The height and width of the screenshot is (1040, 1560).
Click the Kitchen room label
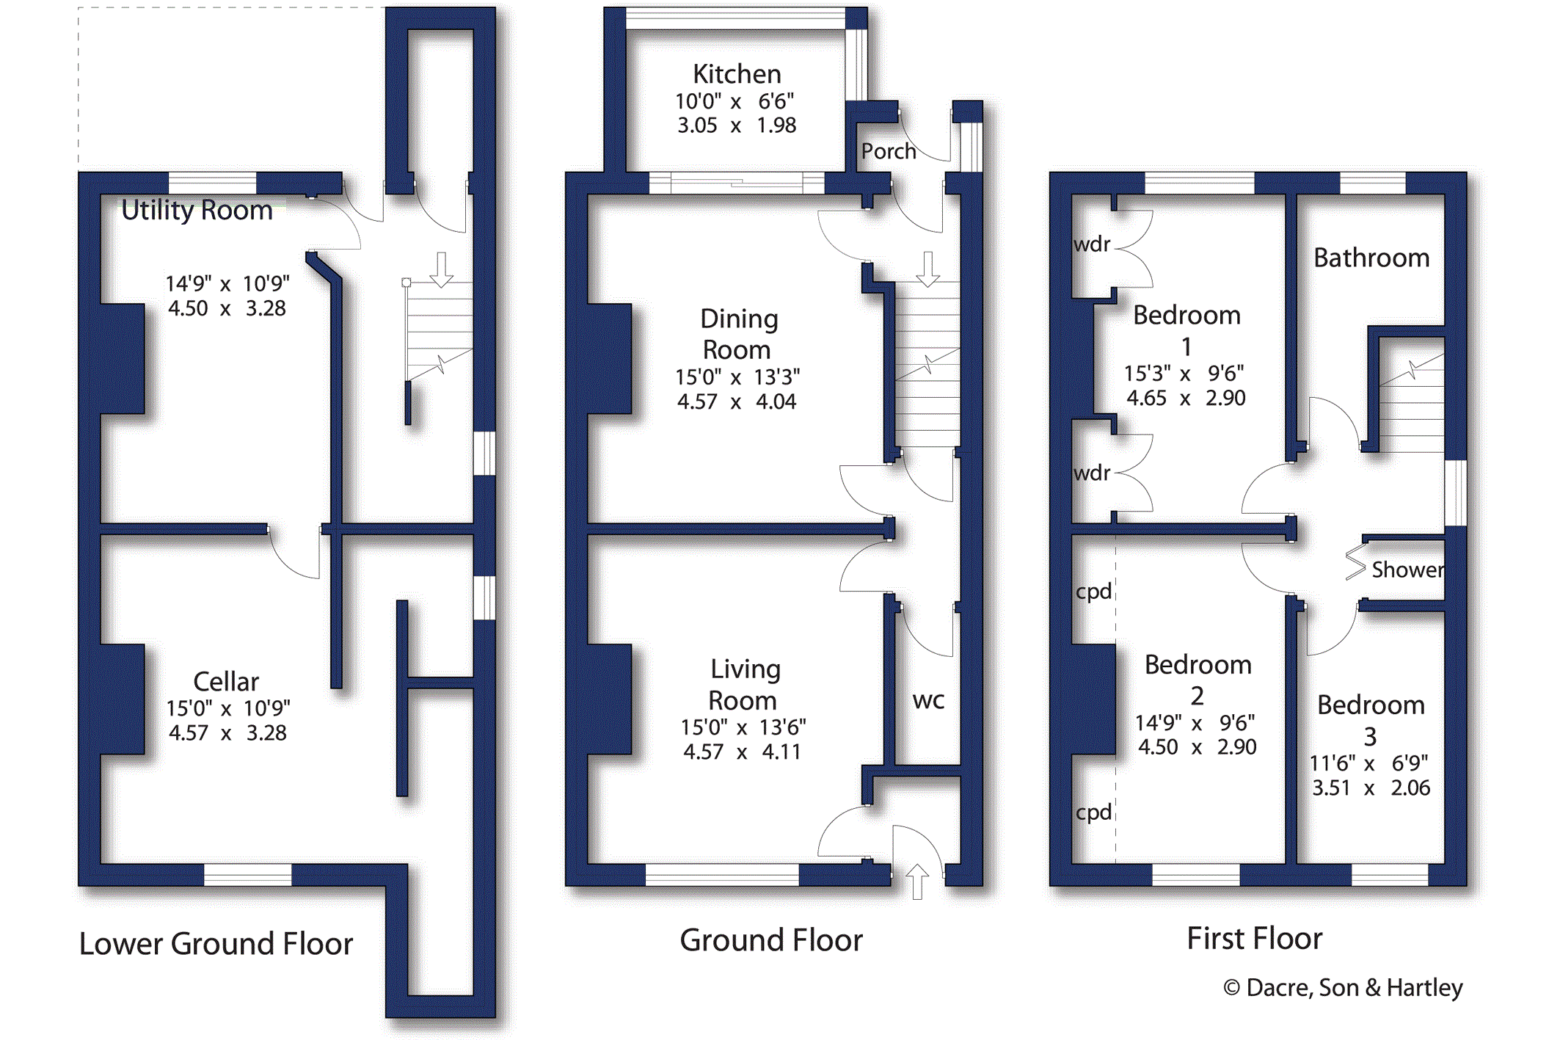[736, 74]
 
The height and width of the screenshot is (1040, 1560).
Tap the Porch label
[888, 151]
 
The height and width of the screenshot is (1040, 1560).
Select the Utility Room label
[197, 211]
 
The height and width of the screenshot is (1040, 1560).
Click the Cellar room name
[225, 682]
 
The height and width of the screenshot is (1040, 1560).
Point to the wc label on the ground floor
[927, 700]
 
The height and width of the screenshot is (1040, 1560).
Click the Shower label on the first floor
[1407, 570]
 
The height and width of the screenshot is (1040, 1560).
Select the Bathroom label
[1371, 258]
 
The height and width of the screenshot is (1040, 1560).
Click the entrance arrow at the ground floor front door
[916, 881]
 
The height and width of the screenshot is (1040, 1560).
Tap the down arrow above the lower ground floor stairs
[441, 269]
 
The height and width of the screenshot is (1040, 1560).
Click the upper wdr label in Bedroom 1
[1092, 244]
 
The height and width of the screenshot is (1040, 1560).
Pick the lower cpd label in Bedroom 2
[1093, 812]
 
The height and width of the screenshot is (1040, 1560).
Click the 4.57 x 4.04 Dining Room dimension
[736, 402]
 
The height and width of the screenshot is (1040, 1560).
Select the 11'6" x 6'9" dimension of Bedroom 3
[1368, 763]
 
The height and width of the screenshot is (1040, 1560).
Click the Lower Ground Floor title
[216, 944]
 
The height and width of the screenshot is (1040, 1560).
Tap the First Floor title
[1254, 939]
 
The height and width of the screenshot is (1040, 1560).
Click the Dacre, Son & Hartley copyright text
[1343, 988]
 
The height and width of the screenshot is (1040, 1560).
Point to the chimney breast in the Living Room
[609, 699]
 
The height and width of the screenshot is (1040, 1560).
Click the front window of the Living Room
[721, 874]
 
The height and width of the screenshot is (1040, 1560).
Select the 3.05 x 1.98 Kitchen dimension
[736, 126]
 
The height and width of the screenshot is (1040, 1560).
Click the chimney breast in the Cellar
[122, 699]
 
